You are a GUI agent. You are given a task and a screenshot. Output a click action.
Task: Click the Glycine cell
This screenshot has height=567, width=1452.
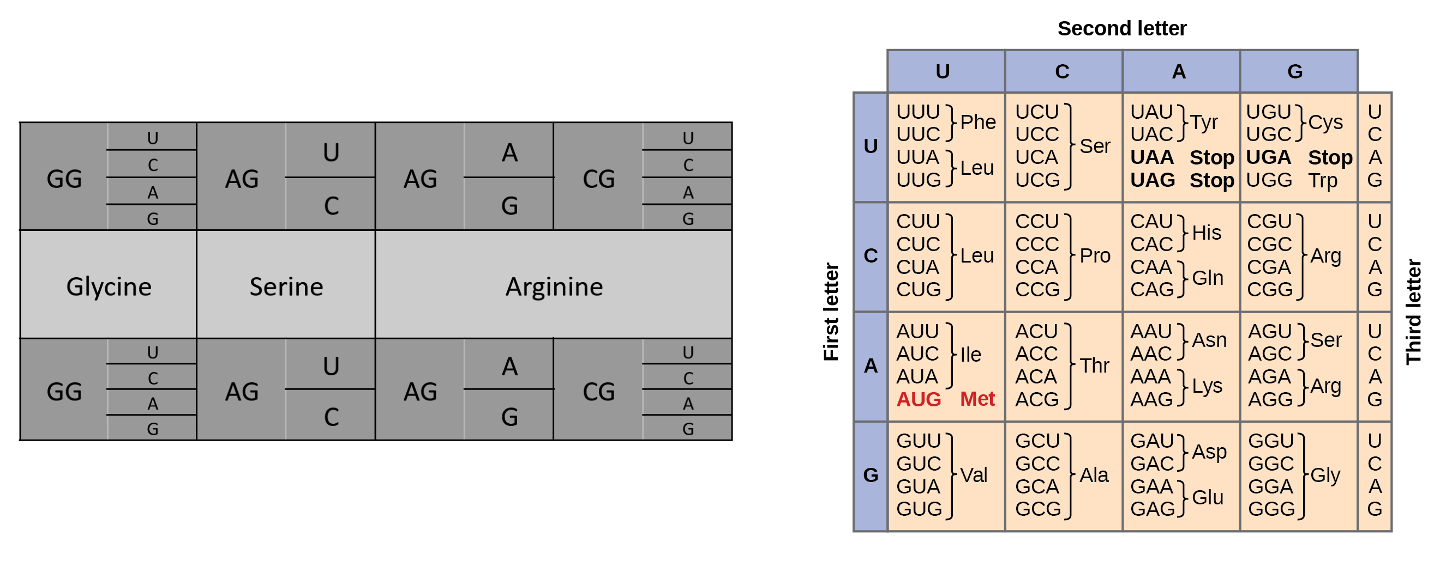click(x=109, y=286)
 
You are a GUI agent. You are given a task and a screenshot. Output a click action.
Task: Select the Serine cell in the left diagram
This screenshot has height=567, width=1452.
click(x=286, y=286)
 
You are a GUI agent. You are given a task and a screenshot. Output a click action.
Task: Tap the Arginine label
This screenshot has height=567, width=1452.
click(x=554, y=286)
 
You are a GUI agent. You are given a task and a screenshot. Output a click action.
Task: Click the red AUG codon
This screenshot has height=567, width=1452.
click(x=919, y=399)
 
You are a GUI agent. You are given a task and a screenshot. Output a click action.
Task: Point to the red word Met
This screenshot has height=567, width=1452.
click(x=977, y=399)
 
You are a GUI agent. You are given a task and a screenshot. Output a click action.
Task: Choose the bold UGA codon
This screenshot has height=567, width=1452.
click(x=1268, y=157)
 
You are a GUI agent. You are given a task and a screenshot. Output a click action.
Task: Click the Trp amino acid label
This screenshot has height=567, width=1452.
click(x=1322, y=180)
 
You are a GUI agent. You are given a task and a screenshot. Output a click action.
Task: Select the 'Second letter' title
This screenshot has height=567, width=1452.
click(x=1121, y=28)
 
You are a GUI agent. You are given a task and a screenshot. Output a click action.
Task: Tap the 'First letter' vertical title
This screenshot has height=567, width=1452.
click(x=831, y=312)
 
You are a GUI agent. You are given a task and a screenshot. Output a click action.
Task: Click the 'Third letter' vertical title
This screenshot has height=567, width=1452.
click(x=1414, y=312)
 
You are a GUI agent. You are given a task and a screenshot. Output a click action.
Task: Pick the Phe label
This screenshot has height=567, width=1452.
click(x=978, y=122)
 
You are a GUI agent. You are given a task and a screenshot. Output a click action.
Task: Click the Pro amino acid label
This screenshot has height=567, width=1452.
click(x=1095, y=255)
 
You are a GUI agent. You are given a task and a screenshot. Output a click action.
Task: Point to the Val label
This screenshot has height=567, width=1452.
click(x=974, y=475)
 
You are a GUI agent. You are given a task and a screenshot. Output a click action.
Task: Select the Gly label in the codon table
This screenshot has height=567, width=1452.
click(x=1325, y=475)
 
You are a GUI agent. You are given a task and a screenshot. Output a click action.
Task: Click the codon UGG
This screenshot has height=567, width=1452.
click(x=1269, y=180)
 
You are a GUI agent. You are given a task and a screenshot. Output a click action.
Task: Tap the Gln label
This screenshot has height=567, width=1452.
click(x=1208, y=278)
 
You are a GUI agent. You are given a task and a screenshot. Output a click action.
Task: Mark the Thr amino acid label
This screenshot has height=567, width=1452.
click(x=1095, y=366)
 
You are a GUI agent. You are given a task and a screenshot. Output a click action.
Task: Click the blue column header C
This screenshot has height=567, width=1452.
click(x=1063, y=71)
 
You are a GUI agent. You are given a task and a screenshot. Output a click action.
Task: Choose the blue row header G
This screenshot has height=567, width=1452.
click(x=871, y=475)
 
